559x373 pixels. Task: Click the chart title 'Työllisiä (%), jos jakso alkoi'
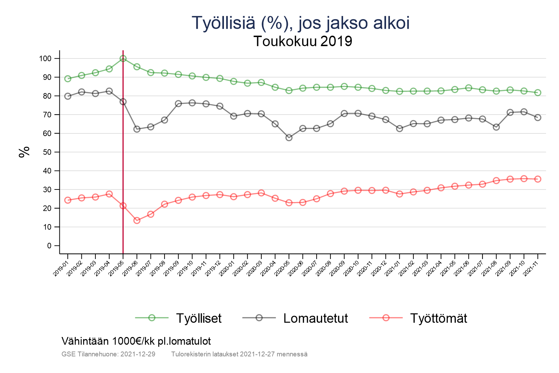coord(300,23)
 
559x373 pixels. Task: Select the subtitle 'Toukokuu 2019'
coord(303,41)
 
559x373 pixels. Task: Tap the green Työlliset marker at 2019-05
coord(123,59)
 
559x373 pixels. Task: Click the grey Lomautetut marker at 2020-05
coord(289,138)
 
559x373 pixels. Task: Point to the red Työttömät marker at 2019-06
coord(137,220)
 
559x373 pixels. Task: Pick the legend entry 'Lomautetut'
coord(315,318)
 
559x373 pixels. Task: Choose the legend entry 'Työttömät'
coord(438,318)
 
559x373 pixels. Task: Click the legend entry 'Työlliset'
coord(198,318)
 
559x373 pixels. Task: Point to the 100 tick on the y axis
coord(45,59)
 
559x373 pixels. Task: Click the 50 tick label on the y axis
coord(47,152)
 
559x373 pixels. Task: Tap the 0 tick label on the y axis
coord(49,246)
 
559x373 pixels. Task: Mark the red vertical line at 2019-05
coord(123,157)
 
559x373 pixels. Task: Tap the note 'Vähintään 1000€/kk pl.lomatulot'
coord(136,341)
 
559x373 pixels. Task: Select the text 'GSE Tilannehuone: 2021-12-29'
coord(108,354)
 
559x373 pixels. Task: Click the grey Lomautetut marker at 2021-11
coord(538,117)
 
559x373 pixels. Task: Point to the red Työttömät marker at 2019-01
coord(68,200)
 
